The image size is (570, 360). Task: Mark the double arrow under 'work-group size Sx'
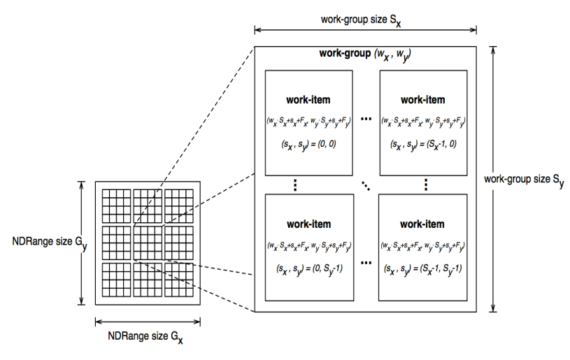click(x=365, y=30)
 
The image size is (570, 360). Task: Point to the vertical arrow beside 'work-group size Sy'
click(x=494, y=180)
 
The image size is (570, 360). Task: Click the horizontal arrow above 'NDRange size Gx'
click(x=148, y=321)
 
